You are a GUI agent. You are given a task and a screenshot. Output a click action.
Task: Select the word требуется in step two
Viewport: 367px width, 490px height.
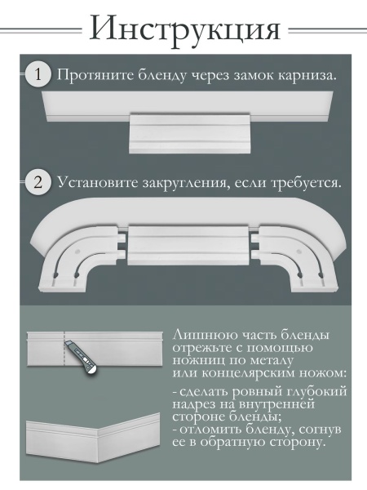click(305, 181)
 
